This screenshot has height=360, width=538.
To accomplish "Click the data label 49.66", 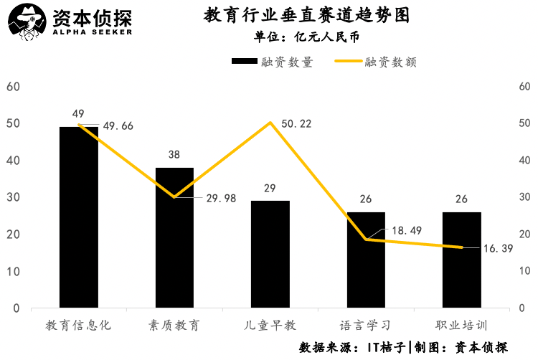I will tap(118, 126).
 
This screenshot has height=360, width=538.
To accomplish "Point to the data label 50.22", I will tap(296, 123).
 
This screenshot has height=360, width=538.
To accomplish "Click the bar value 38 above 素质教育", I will tap(174, 154).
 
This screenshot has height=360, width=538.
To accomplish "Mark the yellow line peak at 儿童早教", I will tap(270, 123).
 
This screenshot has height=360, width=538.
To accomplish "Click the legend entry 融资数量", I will tap(273, 62).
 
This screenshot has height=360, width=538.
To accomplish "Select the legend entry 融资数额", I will tap(376, 62).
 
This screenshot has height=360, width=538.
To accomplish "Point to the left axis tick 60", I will tap(13, 87).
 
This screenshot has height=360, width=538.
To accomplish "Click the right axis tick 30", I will tap(524, 197).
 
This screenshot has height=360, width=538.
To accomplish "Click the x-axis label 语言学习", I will tap(366, 325).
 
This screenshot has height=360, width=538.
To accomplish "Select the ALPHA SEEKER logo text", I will tap(92, 32).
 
